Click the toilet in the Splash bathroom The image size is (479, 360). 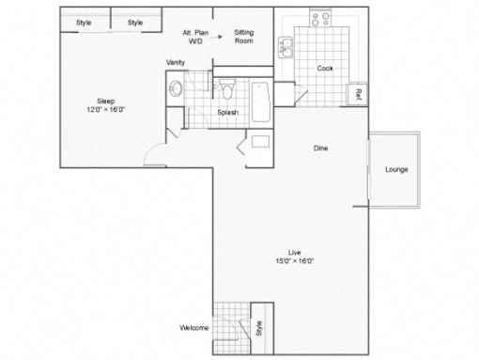pos(227,89)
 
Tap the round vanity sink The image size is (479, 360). pos(176,88)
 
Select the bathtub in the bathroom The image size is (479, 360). pos(261,102)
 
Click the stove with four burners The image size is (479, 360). pos(320,19)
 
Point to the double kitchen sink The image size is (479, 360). pos(286,47)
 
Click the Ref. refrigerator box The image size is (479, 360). pos(357,94)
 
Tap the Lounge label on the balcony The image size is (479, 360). pos(396,169)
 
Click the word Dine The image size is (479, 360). pos(320,148)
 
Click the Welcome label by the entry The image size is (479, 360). pos(194,328)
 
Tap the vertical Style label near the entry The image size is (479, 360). pos(259,328)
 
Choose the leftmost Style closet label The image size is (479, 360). pos(84,23)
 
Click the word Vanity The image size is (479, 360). pos(176,62)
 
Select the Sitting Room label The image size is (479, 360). pos(244,37)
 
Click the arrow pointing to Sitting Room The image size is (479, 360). pos(216,37)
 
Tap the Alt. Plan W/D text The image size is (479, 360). pos(195,37)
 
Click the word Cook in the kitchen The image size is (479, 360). pos(325,68)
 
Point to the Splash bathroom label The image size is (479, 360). pos(228,112)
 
